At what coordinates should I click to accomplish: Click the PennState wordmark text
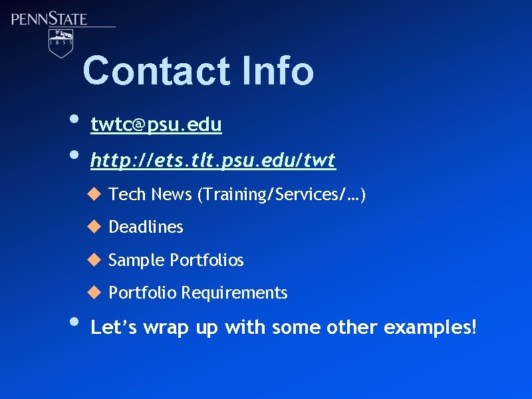tap(49, 18)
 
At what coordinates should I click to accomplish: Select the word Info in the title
tap(278, 71)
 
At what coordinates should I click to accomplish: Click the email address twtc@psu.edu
tap(156, 124)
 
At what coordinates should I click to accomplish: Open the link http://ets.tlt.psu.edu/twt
tap(213, 160)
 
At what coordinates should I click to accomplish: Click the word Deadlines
tap(146, 227)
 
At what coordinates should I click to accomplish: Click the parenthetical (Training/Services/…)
tap(281, 194)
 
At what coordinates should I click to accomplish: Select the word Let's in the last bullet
tap(114, 327)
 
